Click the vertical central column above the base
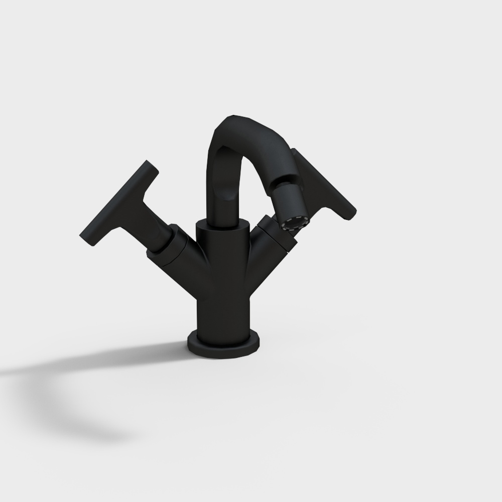pos(223,306)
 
